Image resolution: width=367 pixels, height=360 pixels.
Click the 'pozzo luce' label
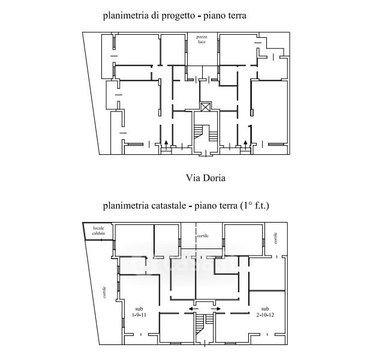pyautogui.click(x=201, y=40)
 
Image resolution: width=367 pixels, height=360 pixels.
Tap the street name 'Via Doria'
pyautogui.click(x=206, y=178)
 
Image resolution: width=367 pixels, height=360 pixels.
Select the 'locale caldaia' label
pyautogui.click(x=98, y=230)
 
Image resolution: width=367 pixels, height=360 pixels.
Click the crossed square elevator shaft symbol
pyautogui.click(x=206, y=107)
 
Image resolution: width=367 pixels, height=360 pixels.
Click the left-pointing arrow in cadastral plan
pyautogui.click(x=192, y=308)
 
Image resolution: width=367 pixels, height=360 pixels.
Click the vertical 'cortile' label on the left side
pyautogui.click(x=104, y=292)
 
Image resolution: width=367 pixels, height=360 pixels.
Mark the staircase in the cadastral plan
pyautogui.click(x=200, y=327)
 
